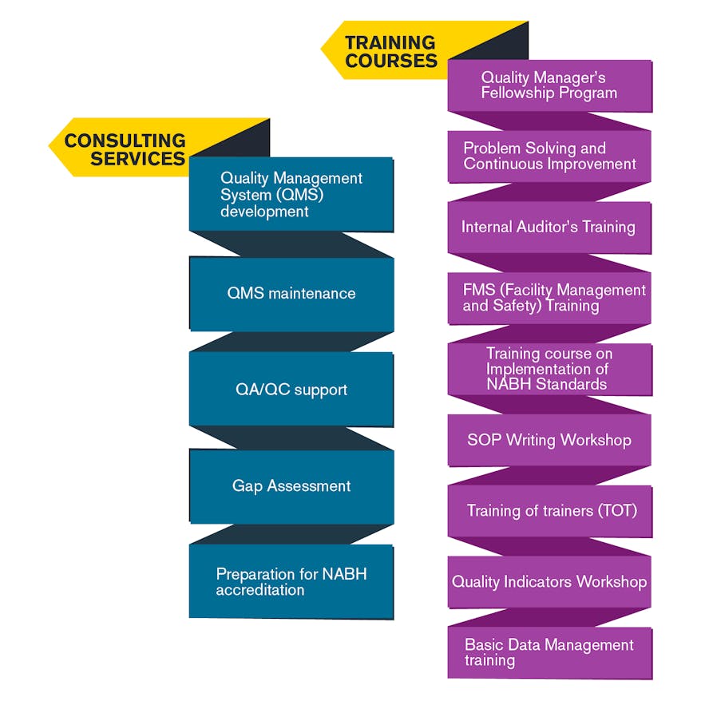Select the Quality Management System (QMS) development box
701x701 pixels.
(291, 194)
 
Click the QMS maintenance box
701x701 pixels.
(291, 293)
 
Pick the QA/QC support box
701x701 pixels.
(291, 390)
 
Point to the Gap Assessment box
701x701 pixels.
(291, 485)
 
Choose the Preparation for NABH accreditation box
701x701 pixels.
(291, 581)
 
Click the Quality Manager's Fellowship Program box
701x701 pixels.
(549, 85)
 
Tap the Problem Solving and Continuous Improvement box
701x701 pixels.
(549, 156)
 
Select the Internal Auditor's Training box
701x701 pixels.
(549, 227)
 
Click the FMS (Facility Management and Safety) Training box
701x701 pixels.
(549, 298)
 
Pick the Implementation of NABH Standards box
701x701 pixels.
(549, 368)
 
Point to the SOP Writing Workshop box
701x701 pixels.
(549, 440)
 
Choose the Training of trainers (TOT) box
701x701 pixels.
(549, 510)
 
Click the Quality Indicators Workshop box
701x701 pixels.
(549, 581)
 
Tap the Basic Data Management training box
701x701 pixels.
(549, 652)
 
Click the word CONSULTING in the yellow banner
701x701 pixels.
(125, 141)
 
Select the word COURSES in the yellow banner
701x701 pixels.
(391, 61)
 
